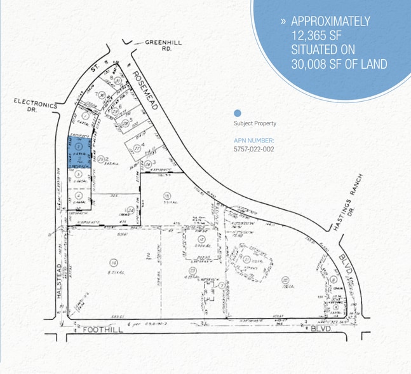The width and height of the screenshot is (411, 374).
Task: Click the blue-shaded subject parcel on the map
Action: [78, 151]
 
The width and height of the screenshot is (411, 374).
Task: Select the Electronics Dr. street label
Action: [35, 105]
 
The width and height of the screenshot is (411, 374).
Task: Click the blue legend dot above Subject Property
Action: [238, 113]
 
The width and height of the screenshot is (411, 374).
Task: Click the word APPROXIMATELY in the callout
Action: [330, 21]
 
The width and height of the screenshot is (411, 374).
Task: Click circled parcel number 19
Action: [166, 195]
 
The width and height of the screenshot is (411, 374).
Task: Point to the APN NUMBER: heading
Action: [253, 141]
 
